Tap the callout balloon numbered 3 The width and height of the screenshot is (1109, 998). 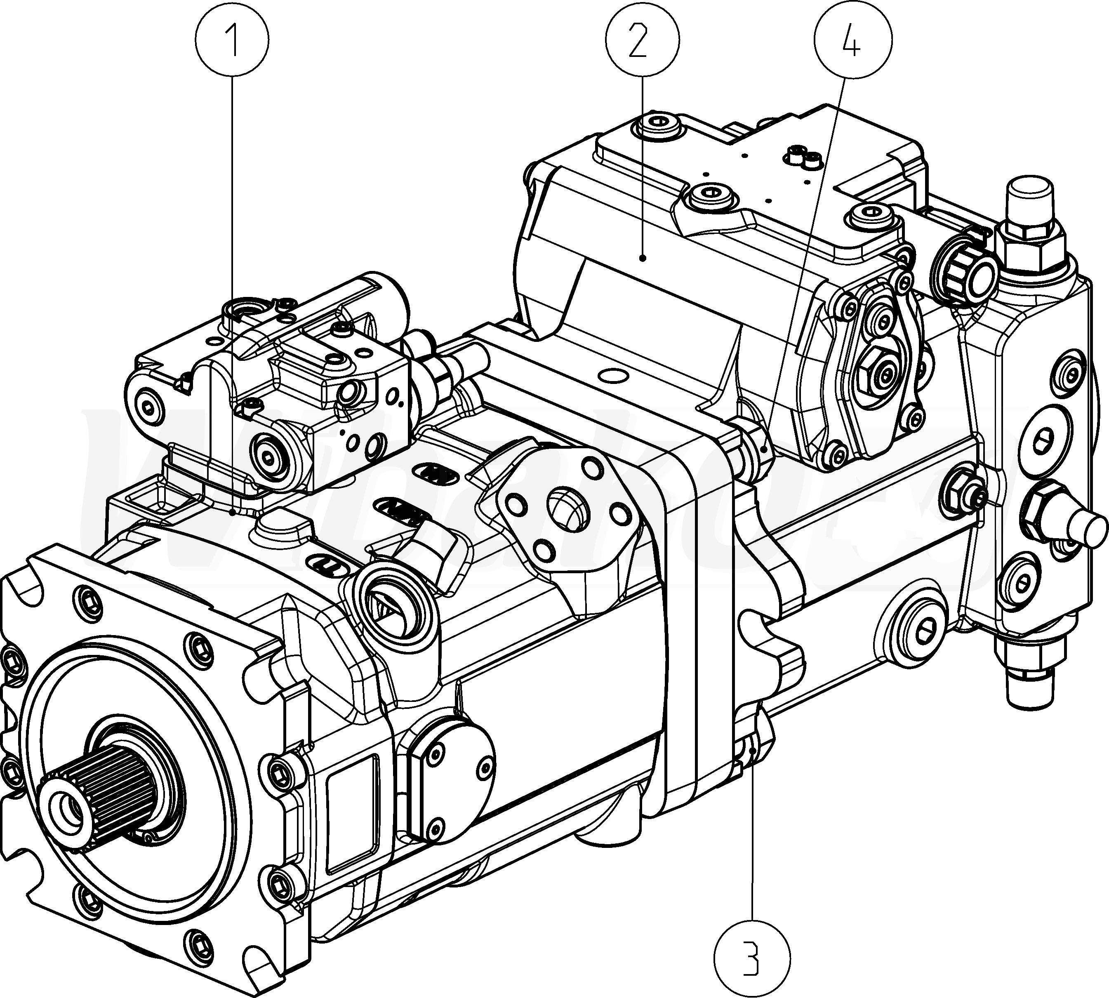[753, 958]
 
